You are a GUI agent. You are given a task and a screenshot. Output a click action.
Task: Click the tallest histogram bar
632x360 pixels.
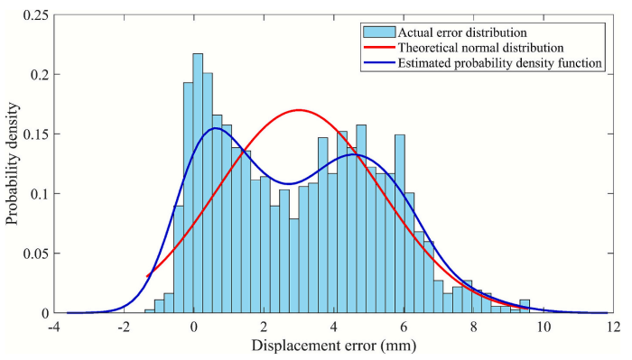point(198,183)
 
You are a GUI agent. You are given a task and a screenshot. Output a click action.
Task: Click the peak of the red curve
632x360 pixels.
point(298,109)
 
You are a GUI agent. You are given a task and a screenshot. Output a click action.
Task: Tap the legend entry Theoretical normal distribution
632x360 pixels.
point(480,48)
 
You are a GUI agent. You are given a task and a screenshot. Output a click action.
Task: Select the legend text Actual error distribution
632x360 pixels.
point(462,32)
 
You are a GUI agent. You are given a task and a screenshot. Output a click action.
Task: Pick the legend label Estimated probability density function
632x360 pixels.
point(500,63)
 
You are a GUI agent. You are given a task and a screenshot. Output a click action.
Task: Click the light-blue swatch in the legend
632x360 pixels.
point(379,32)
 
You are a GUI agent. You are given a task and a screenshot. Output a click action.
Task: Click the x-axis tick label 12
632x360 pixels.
point(613,327)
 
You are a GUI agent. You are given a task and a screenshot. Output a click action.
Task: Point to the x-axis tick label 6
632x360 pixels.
point(404,327)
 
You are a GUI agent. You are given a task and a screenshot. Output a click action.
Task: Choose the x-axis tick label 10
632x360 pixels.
point(544,327)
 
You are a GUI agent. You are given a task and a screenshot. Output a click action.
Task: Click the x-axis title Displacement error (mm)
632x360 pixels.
point(334,346)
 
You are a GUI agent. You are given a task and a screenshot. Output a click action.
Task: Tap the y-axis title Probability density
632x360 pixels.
point(13,163)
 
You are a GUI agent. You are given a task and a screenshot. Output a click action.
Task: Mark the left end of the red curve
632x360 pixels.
point(147,276)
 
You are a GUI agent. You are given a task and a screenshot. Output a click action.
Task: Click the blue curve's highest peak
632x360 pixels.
point(216,128)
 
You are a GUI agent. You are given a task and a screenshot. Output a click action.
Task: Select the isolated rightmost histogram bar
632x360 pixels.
point(525,307)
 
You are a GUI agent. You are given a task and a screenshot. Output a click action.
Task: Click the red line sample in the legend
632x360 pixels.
point(379,48)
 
